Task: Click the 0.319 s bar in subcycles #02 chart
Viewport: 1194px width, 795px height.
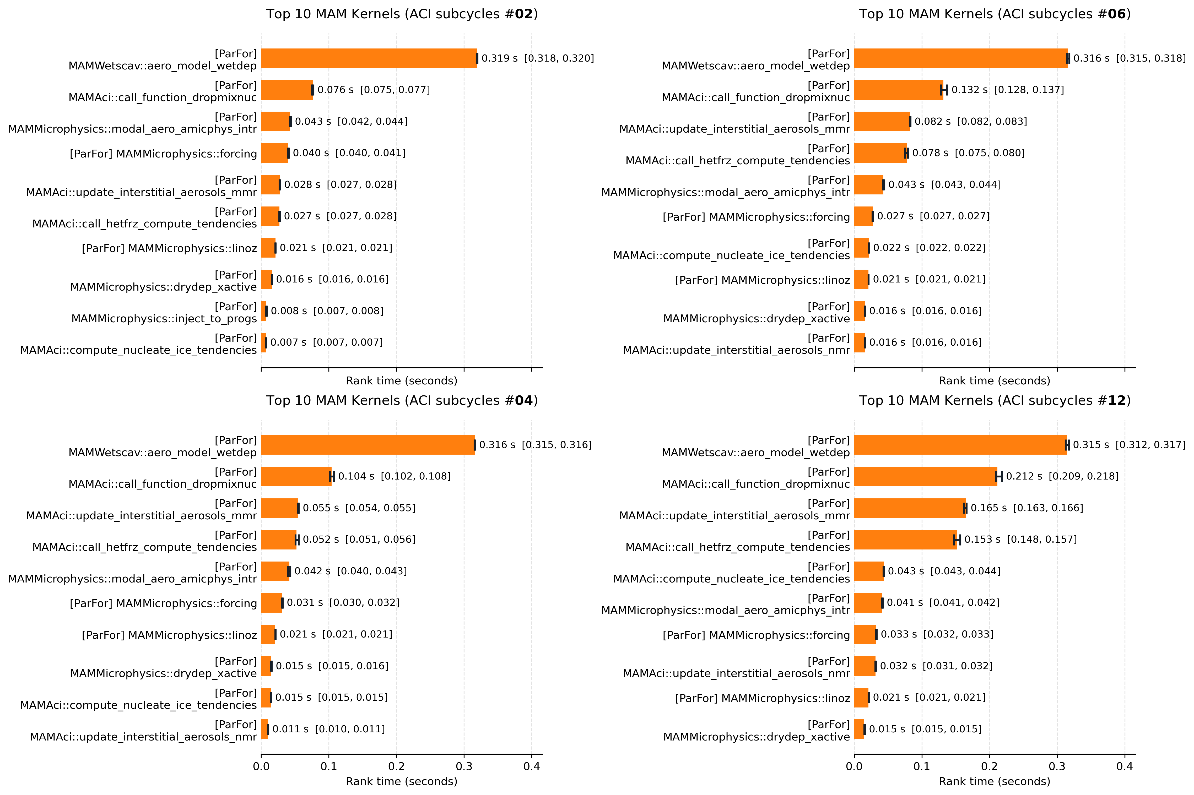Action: pos(369,58)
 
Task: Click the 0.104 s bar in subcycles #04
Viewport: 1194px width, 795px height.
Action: pos(296,476)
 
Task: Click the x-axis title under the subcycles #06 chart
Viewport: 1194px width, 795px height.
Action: pos(994,381)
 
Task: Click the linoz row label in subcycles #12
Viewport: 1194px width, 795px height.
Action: pos(762,698)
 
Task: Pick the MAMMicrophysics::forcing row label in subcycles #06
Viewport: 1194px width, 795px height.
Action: pos(756,217)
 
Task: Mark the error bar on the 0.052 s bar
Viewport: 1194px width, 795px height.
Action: pos(297,540)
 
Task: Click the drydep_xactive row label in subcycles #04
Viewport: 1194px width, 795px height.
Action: pos(163,667)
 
